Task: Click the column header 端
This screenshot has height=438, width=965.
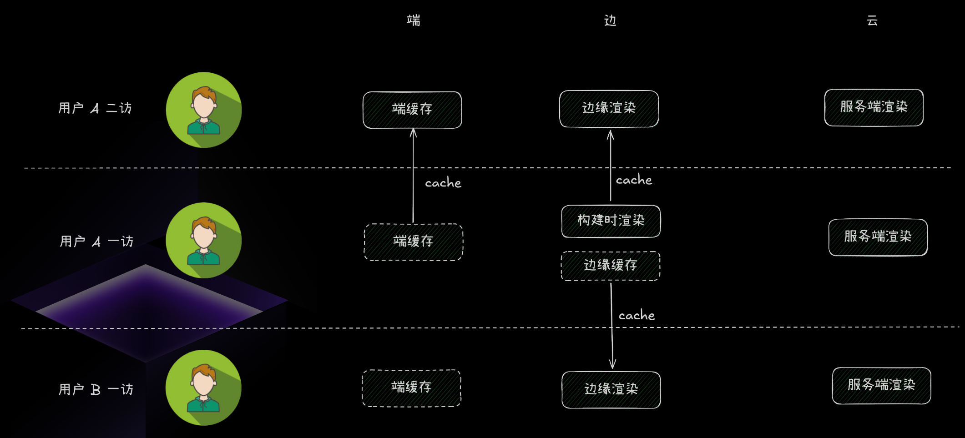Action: pos(414,20)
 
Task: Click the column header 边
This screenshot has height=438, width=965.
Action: pos(610,20)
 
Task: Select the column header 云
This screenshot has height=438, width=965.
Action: pos(872,20)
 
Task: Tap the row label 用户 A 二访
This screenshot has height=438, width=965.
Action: pos(95,108)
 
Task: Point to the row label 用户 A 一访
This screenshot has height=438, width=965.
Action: pos(96,241)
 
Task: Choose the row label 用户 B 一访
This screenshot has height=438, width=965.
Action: pos(96,389)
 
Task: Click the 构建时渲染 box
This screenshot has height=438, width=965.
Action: pos(611,222)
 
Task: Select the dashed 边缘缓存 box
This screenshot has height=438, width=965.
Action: pos(611,266)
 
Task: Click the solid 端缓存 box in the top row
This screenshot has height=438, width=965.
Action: pos(412,110)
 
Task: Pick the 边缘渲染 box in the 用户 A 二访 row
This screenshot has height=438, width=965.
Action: pos(609,109)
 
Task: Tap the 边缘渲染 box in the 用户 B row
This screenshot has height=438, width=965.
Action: pos(611,390)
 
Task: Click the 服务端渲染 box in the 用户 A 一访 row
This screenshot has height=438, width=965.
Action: pos(878,237)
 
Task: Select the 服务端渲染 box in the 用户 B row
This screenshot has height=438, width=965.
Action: pos(881,386)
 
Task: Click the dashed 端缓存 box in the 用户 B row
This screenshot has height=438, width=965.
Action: pos(411,388)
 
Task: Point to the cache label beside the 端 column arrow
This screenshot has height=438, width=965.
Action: pos(443,182)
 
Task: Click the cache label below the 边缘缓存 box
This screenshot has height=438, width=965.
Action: pos(637,315)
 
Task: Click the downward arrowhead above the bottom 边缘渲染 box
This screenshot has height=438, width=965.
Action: pos(612,364)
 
